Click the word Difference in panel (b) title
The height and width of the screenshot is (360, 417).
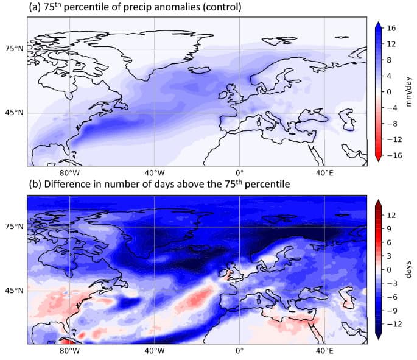[x=64, y=184]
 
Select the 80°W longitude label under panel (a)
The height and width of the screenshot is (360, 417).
[x=69, y=173]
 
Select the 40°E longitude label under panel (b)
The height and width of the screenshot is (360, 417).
[x=324, y=351]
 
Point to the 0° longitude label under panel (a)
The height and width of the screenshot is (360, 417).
[x=239, y=173]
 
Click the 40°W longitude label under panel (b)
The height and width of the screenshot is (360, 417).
[x=155, y=351]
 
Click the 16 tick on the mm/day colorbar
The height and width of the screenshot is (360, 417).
[x=391, y=28]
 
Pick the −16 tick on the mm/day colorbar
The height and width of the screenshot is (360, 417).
[x=394, y=155]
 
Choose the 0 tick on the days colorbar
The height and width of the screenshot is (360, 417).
[x=389, y=270]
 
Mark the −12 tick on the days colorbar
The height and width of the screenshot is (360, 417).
[x=394, y=324]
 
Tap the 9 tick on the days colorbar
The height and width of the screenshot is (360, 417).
[x=389, y=229]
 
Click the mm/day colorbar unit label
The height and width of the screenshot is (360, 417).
[x=408, y=91]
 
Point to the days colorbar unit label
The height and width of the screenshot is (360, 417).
[x=408, y=269]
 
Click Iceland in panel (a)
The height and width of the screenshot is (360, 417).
[x=199, y=70]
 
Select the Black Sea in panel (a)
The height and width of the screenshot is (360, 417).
[x=314, y=117]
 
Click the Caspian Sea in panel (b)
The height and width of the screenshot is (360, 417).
[x=347, y=298]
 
